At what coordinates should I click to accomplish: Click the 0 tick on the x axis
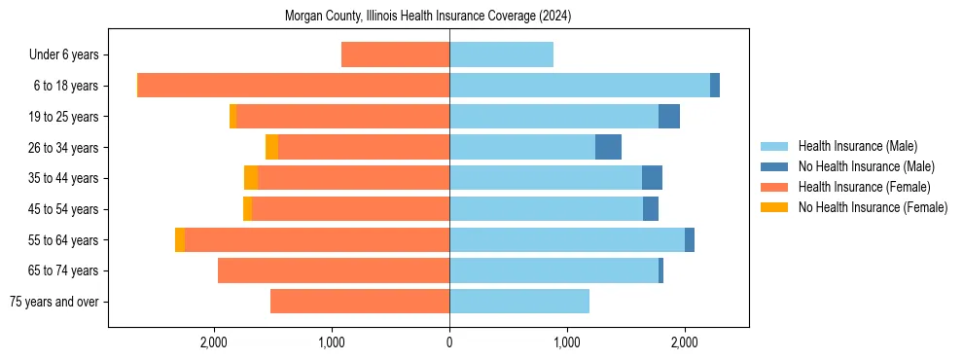[449, 342]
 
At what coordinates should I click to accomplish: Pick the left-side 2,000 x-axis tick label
[213, 342]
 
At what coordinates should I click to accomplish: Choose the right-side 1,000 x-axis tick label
[567, 342]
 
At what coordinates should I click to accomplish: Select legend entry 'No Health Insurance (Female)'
[873, 207]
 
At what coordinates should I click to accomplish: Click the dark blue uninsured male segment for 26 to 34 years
[608, 147]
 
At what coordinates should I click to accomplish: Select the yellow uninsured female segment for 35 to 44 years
[251, 178]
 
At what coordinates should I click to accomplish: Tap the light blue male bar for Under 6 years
[501, 54]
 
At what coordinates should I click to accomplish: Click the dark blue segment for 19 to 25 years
[669, 117]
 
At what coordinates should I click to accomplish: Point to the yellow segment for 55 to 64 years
[180, 239]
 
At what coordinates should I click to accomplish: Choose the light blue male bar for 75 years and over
[519, 302]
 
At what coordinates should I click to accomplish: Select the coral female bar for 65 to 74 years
[334, 270]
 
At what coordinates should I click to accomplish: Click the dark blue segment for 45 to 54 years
[651, 209]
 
